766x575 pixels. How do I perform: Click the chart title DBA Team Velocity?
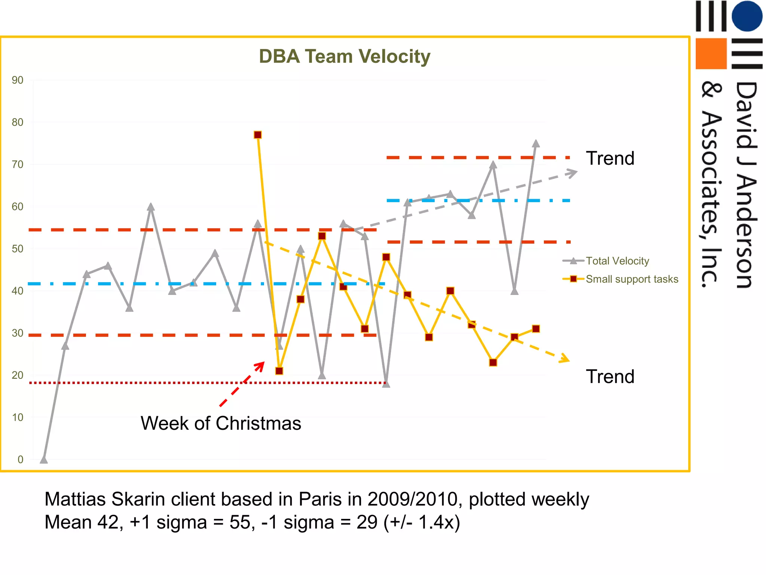[x=344, y=57]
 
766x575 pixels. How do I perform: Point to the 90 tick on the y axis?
[x=17, y=80]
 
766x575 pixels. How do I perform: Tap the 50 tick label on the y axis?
[x=17, y=249]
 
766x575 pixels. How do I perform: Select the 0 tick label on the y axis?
[x=20, y=460]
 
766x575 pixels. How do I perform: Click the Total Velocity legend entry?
[x=617, y=261]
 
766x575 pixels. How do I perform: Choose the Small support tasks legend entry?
[x=632, y=279]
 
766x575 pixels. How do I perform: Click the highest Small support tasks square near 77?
[x=258, y=135]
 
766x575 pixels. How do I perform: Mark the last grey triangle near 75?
[x=536, y=144]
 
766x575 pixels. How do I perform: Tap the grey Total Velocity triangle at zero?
[x=44, y=459]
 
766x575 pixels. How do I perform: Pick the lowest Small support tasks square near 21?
[x=279, y=371]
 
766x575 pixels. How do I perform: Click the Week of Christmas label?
[x=221, y=423]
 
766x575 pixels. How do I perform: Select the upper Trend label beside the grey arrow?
[x=610, y=158]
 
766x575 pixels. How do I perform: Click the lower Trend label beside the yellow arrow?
[x=610, y=377]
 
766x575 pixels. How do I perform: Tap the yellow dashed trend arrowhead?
[x=565, y=359]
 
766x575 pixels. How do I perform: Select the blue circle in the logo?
[x=747, y=16]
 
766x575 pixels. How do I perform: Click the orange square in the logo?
[x=711, y=54]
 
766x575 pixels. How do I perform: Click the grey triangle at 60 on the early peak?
[x=151, y=207]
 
